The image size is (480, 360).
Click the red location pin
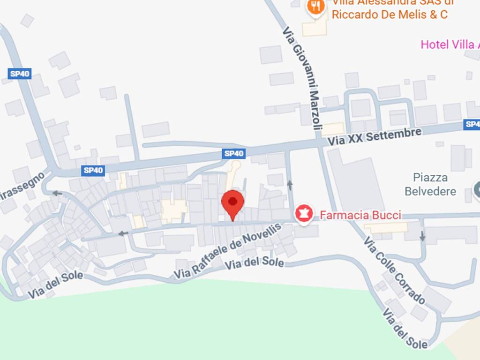pos(232,203)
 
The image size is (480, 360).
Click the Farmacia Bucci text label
pos(360,215)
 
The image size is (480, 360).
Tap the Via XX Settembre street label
pos(375,136)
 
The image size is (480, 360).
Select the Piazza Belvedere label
pos(430,184)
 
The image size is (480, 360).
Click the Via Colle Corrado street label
pos(394,270)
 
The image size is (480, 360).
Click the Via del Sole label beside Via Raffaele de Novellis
pos(255,263)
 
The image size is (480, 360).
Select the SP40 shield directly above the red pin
pos(234,153)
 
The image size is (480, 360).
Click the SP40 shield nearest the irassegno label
pos(93,171)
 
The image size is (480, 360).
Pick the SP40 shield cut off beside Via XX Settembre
pos(472,124)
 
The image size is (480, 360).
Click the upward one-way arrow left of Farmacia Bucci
pos(290,185)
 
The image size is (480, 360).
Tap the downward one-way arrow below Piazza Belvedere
pos(422,237)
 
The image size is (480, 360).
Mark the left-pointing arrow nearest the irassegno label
pos(57,193)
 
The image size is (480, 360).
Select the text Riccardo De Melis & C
pos(390,15)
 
